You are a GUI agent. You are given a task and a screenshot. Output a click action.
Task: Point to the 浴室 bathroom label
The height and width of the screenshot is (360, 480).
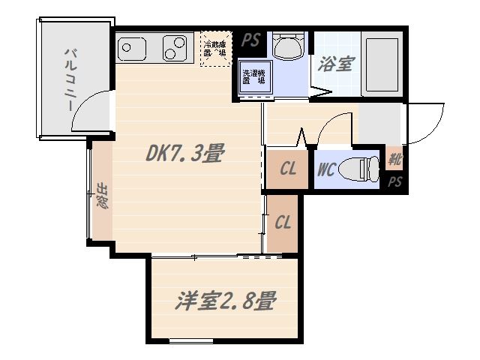[334, 64]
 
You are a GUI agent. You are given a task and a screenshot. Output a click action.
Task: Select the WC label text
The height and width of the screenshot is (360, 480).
[325, 170]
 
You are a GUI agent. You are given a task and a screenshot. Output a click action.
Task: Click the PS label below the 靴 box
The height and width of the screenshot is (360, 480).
[394, 182]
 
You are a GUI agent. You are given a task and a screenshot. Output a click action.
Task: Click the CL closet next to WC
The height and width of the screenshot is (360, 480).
[288, 169]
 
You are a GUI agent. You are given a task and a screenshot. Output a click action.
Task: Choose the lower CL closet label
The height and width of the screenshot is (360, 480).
[283, 223]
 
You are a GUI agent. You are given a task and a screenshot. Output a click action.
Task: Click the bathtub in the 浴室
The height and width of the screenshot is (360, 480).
[382, 65]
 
